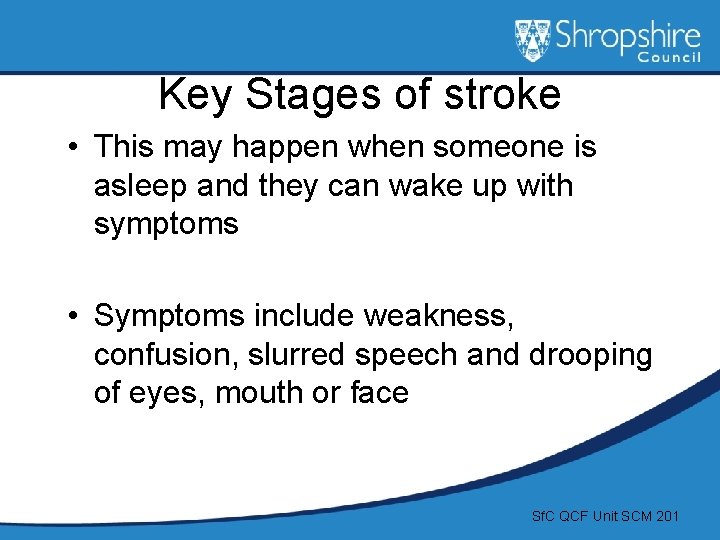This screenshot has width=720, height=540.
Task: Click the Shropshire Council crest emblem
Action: point(532,40)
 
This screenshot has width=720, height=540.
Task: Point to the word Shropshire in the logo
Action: point(628,37)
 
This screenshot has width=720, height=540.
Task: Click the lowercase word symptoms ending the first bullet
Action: point(166,225)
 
